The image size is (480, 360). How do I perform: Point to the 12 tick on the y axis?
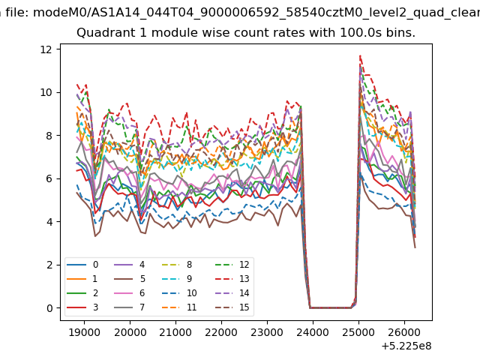(x=46, y=49)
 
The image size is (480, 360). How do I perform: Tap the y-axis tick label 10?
(x=46, y=92)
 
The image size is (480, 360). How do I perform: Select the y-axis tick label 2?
(x=49, y=265)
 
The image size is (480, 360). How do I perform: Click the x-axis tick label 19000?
(x=84, y=332)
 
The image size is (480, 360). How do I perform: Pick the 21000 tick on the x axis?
(x=175, y=332)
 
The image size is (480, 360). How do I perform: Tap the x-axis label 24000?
(x=313, y=332)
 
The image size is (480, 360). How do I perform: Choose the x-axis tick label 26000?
(x=404, y=332)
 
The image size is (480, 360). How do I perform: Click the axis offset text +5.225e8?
(x=406, y=346)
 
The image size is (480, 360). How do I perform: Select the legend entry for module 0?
(x=82, y=265)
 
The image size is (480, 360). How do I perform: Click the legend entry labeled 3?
(x=82, y=307)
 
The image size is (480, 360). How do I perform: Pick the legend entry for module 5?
(x=130, y=279)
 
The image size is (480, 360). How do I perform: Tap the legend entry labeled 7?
(x=130, y=307)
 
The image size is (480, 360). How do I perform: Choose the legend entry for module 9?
(x=177, y=279)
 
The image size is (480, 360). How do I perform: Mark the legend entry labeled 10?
(x=178, y=293)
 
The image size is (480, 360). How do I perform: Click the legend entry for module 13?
(x=232, y=279)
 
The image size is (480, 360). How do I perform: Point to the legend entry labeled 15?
(x=232, y=307)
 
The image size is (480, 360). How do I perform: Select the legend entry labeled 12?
(x=232, y=265)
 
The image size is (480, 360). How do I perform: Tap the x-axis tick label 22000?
(x=221, y=332)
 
